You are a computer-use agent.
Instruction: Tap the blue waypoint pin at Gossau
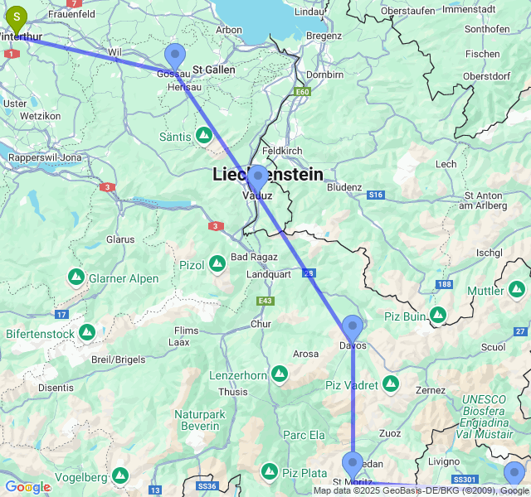(175, 55)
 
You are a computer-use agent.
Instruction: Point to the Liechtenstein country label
(268, 175)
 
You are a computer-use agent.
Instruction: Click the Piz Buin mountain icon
(437, 315)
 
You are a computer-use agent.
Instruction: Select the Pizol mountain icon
(217, 264)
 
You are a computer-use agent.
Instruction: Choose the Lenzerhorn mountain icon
(280, 375)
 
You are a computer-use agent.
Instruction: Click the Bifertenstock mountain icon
(87, 333)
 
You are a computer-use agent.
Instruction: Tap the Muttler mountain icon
(516, 290)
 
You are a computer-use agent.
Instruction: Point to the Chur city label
(261, 324)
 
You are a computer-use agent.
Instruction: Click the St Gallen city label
(213, 70)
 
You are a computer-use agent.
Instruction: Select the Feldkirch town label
(283, 151)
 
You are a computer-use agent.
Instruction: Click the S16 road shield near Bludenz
(376, 195)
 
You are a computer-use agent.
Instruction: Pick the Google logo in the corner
(27, 487)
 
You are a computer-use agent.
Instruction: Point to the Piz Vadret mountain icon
(390, 385)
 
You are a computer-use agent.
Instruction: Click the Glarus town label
(120, 239)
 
